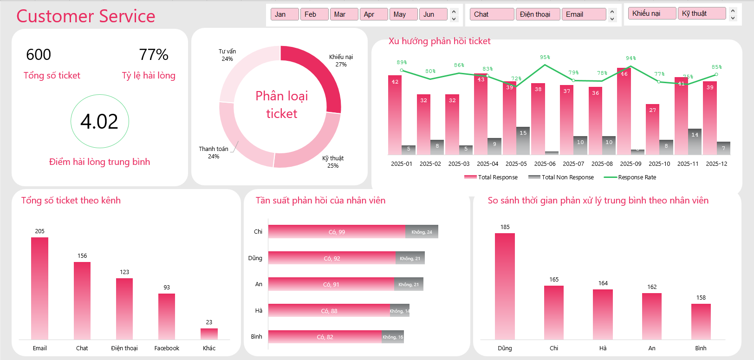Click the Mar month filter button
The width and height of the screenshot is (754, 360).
pos(343,14)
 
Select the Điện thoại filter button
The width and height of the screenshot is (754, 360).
pos(537,14)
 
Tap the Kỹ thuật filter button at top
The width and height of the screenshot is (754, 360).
pos(701,13)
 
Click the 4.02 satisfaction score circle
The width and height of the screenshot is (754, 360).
pos(99,121)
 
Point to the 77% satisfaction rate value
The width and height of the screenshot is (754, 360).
pos(154,55)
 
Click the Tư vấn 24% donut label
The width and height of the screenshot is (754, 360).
pos(227,55)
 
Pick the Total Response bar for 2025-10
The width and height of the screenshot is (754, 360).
pos(652,130)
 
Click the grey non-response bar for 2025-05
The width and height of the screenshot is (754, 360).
pos(523,141)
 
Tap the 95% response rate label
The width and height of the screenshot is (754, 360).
pos(545,57)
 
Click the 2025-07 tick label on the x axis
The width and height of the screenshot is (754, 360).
pos(573,164)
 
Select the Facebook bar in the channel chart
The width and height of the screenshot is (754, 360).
pos(167,316)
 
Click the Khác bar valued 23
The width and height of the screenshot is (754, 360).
pos(209,334)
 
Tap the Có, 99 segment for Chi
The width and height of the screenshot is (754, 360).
pos(337,232)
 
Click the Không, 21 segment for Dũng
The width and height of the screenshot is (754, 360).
pos(410,258)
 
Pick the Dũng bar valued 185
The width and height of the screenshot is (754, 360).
pos(505,286)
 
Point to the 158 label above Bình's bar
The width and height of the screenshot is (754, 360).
pos(701,298)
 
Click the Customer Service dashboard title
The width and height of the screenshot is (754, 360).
pos(86,16)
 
